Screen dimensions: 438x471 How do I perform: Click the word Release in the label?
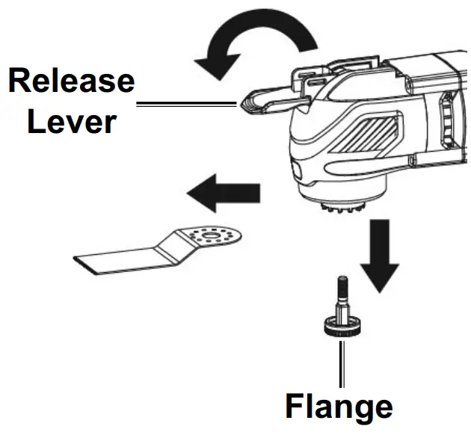[72, 80]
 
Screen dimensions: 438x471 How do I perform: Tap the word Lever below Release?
[72, 120]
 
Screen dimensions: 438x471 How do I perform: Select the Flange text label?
[339, 407]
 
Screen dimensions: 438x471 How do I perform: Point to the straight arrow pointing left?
[223, 196]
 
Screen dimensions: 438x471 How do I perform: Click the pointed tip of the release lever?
[245, 105]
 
